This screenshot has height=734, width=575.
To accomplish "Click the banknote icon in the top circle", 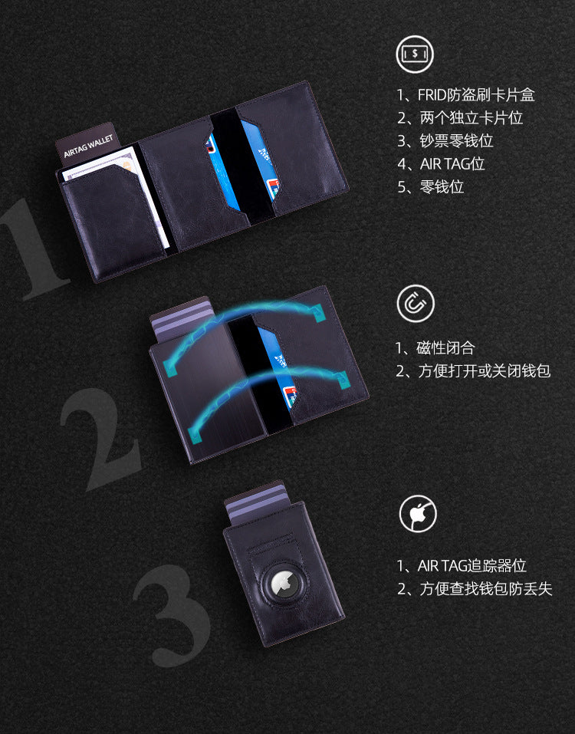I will (415, 54).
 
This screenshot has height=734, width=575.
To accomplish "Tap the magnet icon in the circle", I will (416, 303).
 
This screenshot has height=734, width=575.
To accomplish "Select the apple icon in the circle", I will (418, 514).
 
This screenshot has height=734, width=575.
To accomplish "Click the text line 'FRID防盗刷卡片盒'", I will (465, 95).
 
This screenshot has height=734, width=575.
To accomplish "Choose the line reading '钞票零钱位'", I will (445, 141).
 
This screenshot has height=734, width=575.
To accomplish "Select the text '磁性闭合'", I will (435, 348).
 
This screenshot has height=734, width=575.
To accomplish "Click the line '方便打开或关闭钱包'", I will (473, 371).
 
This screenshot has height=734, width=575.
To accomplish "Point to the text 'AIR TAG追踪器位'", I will (462, 566).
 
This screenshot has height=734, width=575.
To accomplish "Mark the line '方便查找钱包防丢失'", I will (474, 589).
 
